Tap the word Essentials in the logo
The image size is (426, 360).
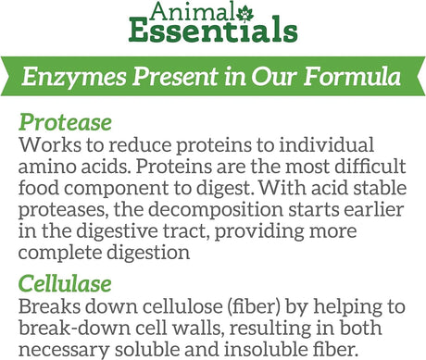click(x=213, y=35)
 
